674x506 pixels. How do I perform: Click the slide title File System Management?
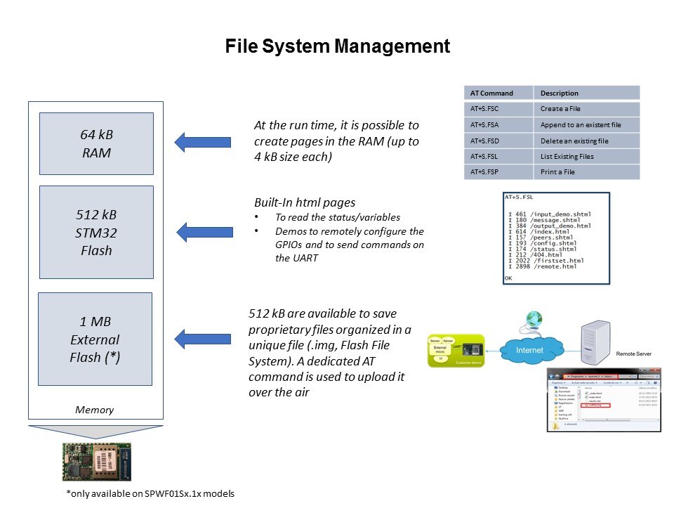(337, 47)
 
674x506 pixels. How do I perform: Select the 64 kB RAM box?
(96, 143)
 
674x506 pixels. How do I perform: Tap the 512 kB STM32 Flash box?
(96, 232)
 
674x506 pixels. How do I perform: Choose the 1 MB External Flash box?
(95, 339)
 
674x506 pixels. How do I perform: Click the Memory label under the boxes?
(94, 410)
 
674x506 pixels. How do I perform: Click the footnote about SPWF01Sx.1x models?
(150, 493)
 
